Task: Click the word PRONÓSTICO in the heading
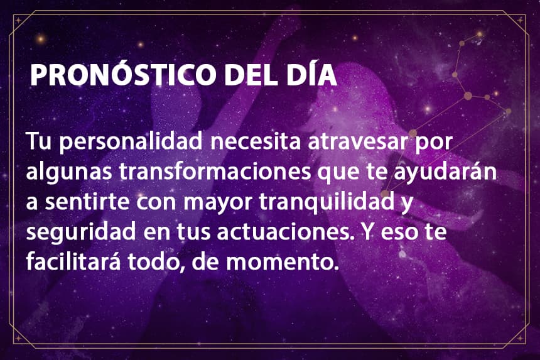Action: point(123,74)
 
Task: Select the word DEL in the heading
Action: point(251,75)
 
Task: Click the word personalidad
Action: point(131,141)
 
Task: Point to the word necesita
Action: point(256,141)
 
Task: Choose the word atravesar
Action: point(357,142)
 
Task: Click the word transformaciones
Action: point(215,170)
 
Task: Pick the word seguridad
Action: point(81,232)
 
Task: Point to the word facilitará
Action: point(73,261)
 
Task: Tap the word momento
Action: point(280,262)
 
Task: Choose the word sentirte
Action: point(87,202)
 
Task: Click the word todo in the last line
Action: point(154,261)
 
